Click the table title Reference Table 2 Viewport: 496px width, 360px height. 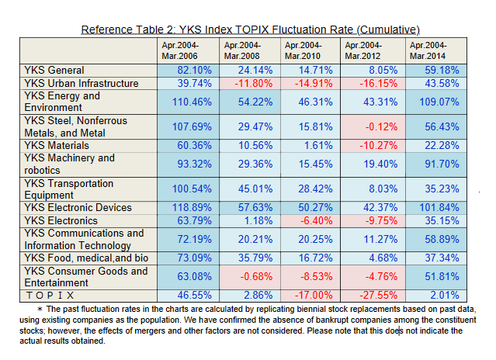pos(250,29)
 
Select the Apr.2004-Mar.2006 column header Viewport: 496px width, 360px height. pos(179,50)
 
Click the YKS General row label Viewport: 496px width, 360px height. pos(54,71)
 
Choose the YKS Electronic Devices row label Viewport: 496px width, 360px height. pos(78,208)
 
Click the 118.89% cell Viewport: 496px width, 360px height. pos(179,208)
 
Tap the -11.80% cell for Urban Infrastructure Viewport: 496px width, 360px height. pos(241,83)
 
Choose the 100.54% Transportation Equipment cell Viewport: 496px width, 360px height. pos(179,190)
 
